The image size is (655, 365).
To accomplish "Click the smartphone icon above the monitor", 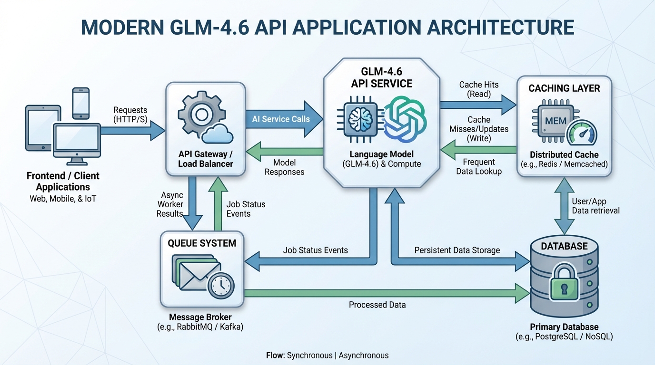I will pos(81,103).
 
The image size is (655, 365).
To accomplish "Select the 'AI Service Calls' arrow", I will pos(281,119).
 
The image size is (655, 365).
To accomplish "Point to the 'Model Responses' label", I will pos(284,167).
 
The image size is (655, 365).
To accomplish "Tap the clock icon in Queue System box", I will pos(220,286).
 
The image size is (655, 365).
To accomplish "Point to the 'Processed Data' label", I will pos(377,305).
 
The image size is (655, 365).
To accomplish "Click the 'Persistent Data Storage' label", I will pos(457,250).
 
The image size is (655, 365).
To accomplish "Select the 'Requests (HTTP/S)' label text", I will pos(130,115).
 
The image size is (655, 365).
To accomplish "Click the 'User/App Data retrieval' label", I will pos(595,206).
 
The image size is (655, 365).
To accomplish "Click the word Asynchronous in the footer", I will pos(364,355).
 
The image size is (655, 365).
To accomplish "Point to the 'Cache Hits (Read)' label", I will pos(478,89).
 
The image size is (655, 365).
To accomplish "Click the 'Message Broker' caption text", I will pos(200,317).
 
